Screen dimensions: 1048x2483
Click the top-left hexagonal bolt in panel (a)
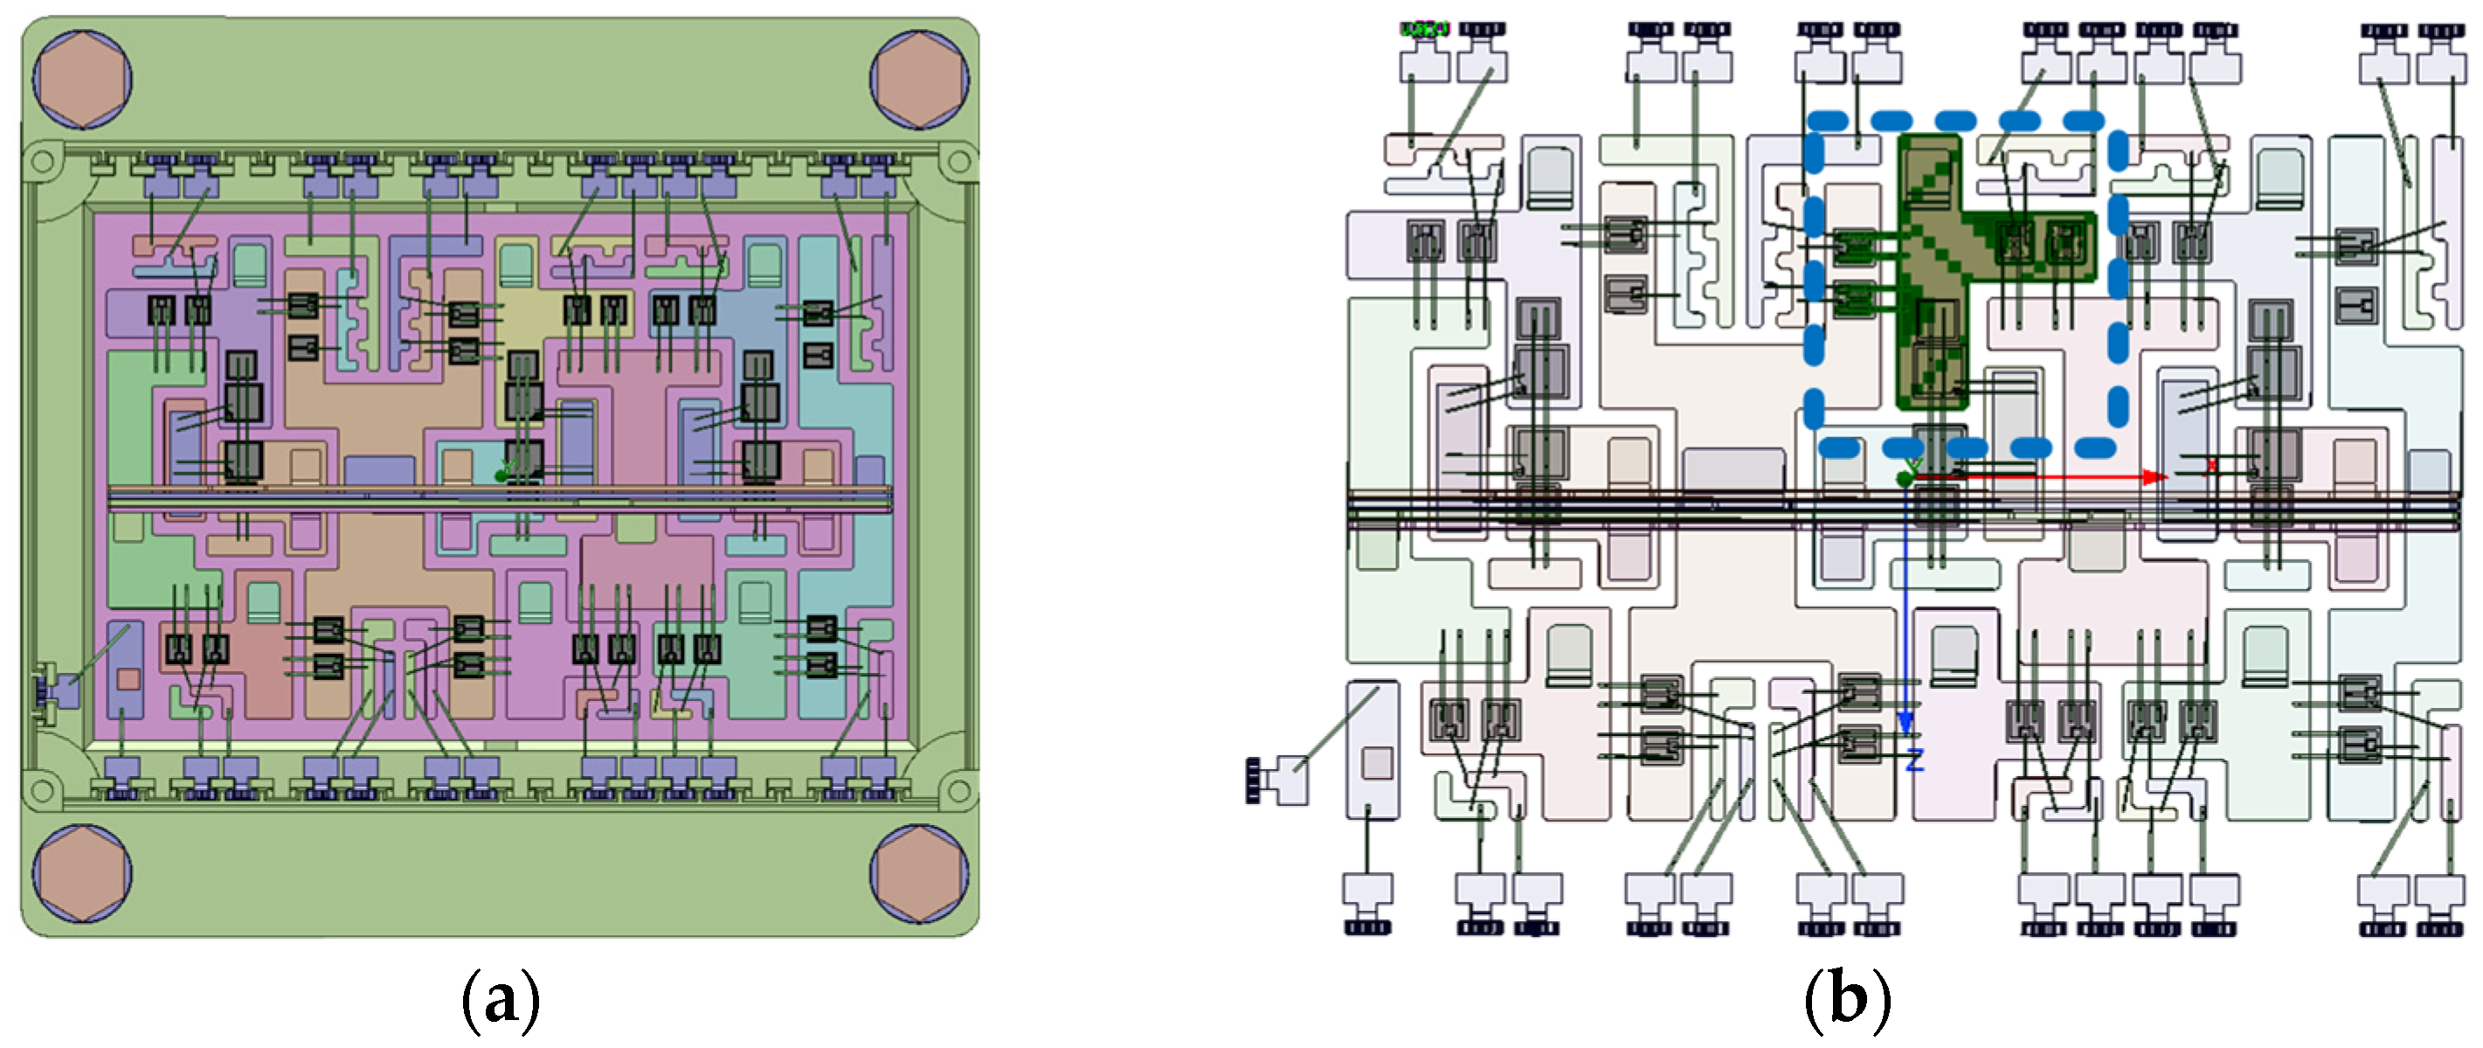point(82,79)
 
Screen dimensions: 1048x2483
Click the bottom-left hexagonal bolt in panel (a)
point(82,873)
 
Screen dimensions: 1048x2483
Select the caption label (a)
point(501,1000)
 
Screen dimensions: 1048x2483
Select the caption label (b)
point(1847,1000)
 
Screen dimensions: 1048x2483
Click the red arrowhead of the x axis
point(2155,476)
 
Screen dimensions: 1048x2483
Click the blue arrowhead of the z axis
point(1905,722)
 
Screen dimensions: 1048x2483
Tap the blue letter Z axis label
point(1914,760)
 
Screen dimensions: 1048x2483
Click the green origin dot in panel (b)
point(1905,479)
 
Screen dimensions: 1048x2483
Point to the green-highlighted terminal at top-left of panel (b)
point(1424,31)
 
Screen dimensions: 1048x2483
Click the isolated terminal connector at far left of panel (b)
point(1277,779)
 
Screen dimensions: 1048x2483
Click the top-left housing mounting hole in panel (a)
point(41,161)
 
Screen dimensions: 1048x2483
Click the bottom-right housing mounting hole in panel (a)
point(958,790)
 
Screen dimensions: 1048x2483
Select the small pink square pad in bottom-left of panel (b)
point(1375,763)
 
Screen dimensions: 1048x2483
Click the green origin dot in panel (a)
point(501,475)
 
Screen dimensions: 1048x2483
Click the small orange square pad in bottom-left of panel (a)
point(128,680)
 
